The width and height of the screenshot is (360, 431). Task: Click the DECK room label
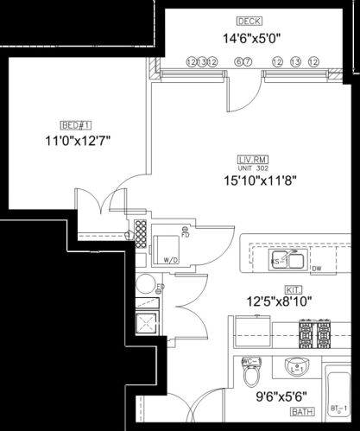point(249,20)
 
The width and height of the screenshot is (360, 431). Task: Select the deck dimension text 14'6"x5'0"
point(249,38)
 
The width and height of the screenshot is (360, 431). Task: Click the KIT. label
point(292,291)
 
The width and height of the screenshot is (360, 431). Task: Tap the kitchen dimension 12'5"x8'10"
point(280,301)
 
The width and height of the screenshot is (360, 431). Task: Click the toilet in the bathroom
point(253,377)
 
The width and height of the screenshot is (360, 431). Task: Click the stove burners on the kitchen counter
point(314,331)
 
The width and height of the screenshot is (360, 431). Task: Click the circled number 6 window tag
point(237,61)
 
